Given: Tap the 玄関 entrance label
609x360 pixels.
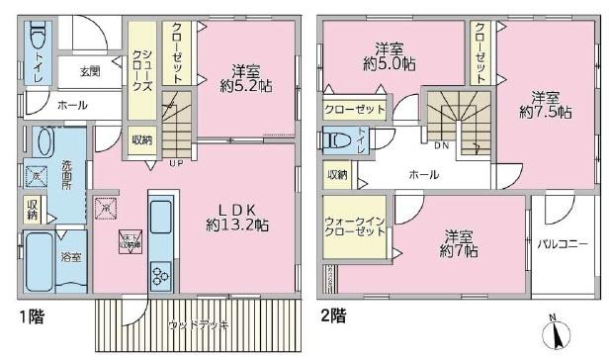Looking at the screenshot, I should (90, 71).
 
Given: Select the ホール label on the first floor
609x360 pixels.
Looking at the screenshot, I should (71, 104).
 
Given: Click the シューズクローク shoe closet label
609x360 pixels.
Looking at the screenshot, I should (142, 71).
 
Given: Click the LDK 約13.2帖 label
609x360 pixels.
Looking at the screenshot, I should (237, 217).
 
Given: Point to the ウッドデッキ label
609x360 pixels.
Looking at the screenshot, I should (194, 323).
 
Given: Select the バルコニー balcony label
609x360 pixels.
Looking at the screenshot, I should (564, 243).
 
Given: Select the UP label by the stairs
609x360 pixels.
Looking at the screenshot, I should (175, 161).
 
